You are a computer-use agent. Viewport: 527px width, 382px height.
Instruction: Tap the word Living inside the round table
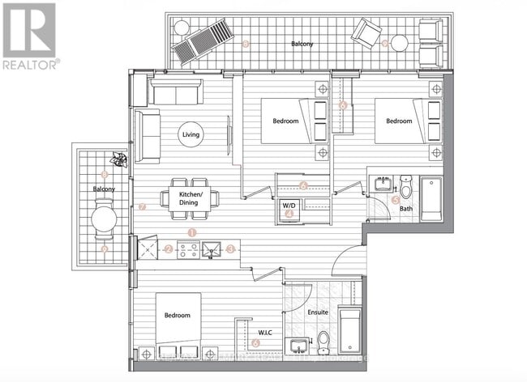pyautogui.click(x=192, y=134)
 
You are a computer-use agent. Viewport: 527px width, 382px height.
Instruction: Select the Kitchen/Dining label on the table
pyautogui.click(x=191, y=197)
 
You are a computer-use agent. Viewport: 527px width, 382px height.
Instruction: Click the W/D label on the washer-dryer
pyautogui.click(x=289, y=206)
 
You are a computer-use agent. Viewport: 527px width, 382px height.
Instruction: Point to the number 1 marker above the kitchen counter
pyautogui.click(x=192, y=233)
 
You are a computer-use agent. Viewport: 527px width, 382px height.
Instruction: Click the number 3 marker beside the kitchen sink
pyautogui.click(x=231, y=249)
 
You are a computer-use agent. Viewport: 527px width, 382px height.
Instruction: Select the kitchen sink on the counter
pyautogui.click(x=213, y=250)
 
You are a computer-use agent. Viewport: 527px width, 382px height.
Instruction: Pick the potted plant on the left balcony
pyautogui.click(x=121, y=159)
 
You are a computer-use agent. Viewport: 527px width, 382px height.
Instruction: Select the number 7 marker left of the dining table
pyautogui.click(x=143, y=206)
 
